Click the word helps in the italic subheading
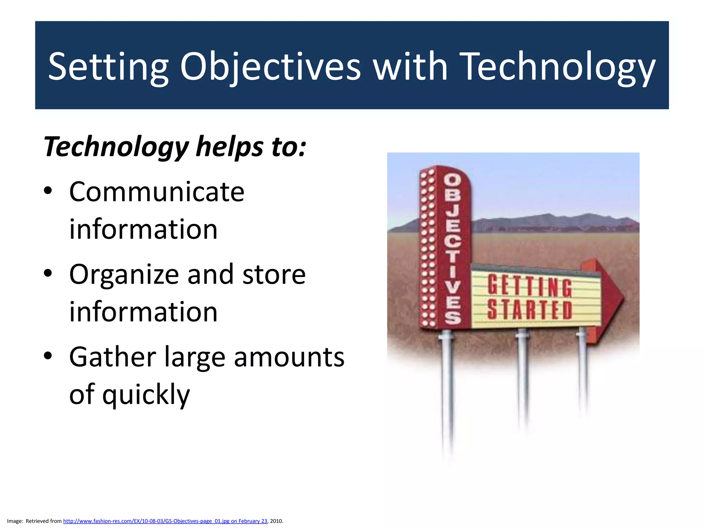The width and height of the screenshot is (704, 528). pyautogui.click(x=230, y=147)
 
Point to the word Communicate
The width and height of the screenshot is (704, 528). pyautogui.click(x=157, y=192)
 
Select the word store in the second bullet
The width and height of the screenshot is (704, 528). pyautogui.click(x=274, y=275)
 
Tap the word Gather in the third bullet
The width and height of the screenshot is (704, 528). pyautogui.click(x=112, y=357)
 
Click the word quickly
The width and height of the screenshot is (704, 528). pyautogui.click(x=146, y=395)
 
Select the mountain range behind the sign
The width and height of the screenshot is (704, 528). pyautogui.click(x=550, y=222)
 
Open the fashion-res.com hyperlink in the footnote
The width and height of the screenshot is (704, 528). pyautogui.click(x=165, y=521)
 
